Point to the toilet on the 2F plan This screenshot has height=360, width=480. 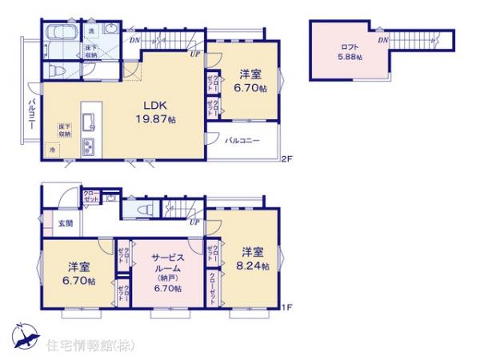(57, 70)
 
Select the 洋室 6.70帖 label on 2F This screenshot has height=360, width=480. (251, 81)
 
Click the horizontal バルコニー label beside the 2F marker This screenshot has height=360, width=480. (241, 141)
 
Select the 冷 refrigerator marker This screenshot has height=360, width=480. (53, 150)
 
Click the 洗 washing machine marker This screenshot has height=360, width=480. (91, 31)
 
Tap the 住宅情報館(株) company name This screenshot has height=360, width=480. (90, 346)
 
